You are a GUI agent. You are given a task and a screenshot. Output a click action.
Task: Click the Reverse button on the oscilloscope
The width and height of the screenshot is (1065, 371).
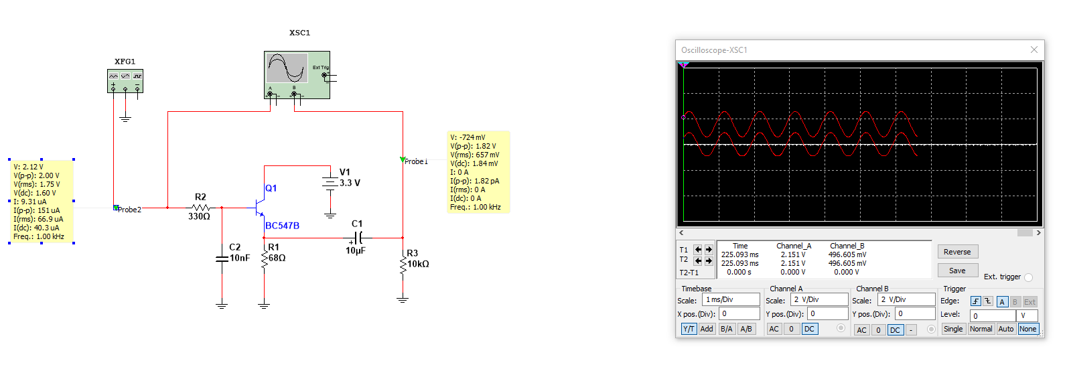(958, 252)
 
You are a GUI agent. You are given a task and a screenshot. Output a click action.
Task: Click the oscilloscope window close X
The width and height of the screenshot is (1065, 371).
(1034, 50)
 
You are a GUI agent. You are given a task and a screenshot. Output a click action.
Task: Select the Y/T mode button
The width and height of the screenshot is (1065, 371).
(689, 329)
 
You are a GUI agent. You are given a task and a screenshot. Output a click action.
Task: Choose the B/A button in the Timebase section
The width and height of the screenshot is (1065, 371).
(726, 329)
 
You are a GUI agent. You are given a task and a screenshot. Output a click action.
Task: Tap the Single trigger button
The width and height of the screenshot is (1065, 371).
(952, 329)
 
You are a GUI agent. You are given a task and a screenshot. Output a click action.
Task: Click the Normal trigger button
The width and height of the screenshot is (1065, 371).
(981, 329)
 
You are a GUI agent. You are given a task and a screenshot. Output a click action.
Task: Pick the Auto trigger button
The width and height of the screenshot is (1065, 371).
(1005, 329)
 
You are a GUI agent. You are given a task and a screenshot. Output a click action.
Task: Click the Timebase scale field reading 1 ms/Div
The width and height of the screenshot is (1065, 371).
(731, 299)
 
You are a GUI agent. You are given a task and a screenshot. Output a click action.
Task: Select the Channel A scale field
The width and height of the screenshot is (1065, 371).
(819, 299)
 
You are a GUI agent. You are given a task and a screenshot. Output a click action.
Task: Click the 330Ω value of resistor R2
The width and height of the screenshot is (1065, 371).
(199, 217)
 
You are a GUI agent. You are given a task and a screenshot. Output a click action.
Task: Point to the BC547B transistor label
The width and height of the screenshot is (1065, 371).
(283, 226)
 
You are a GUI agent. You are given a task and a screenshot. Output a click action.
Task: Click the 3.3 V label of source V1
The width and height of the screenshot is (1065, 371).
(350, 183)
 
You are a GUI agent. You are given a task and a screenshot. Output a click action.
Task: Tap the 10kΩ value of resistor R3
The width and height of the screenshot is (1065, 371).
(418, 264)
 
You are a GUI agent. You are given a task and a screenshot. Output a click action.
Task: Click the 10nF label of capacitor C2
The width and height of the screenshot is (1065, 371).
(240, 258)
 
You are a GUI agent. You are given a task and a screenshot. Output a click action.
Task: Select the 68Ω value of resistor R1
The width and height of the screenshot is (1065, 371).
(277, 258)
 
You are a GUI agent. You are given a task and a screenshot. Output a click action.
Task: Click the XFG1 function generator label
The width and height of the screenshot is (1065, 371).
(125, 62)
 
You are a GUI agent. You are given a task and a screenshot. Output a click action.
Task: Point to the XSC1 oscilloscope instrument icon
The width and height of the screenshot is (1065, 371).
(297, 75)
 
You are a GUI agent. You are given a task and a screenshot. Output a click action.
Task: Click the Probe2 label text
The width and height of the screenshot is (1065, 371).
(129, 210)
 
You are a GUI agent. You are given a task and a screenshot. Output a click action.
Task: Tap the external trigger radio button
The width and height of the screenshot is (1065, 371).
(1028, 277)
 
